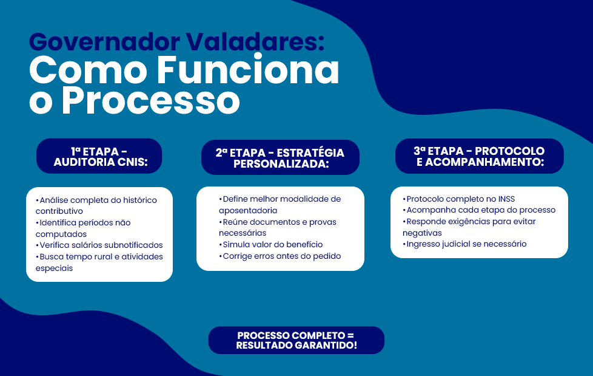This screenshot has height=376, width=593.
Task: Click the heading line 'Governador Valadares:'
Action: coord(176,42)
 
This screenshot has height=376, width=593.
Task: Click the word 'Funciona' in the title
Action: coord(249,70)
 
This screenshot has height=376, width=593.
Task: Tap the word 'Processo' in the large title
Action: coord(151,100)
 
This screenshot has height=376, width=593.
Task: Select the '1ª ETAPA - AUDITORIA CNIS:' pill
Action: coord(99,156)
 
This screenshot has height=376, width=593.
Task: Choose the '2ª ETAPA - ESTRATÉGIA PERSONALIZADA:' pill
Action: coord(280,157)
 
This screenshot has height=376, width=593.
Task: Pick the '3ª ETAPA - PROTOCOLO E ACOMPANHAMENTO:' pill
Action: coord(480,156)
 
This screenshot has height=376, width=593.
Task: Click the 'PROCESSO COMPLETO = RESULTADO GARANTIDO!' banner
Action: coord(296,340)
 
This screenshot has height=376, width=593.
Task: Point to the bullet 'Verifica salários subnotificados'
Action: coord(99,245)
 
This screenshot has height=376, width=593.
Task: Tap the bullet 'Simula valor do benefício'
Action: coord(271,244)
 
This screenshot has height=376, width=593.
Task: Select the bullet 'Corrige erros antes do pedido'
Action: coord(280,256)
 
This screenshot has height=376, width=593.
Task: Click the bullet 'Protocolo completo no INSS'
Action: coord(459,199)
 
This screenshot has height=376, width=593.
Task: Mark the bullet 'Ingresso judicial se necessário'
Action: coord(464,244)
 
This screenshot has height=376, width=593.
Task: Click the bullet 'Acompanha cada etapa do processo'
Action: coord(479,210)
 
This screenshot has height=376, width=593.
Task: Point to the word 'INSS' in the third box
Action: coord(506,199)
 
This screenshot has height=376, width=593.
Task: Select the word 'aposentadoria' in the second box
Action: coord(248,211)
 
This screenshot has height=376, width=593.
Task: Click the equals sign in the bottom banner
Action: coord(350,336)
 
